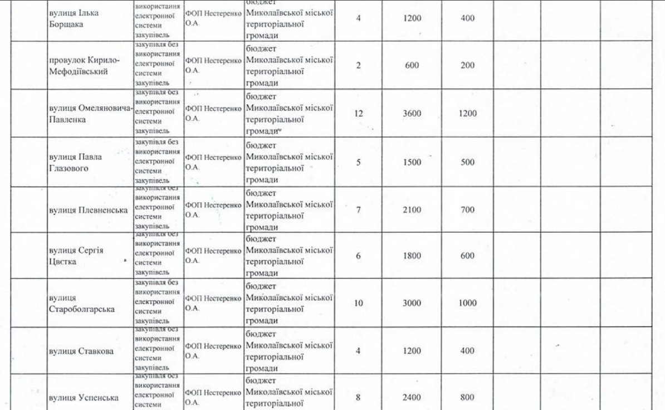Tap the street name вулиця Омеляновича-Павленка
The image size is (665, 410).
(89, 114)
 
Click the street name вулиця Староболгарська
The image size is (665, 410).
(82, 304)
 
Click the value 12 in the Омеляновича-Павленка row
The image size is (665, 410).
(358, 114)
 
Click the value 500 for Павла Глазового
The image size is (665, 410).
(468, 162)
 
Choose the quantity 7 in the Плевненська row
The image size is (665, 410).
(359, 209)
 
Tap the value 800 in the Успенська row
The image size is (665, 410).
(468, 398)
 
